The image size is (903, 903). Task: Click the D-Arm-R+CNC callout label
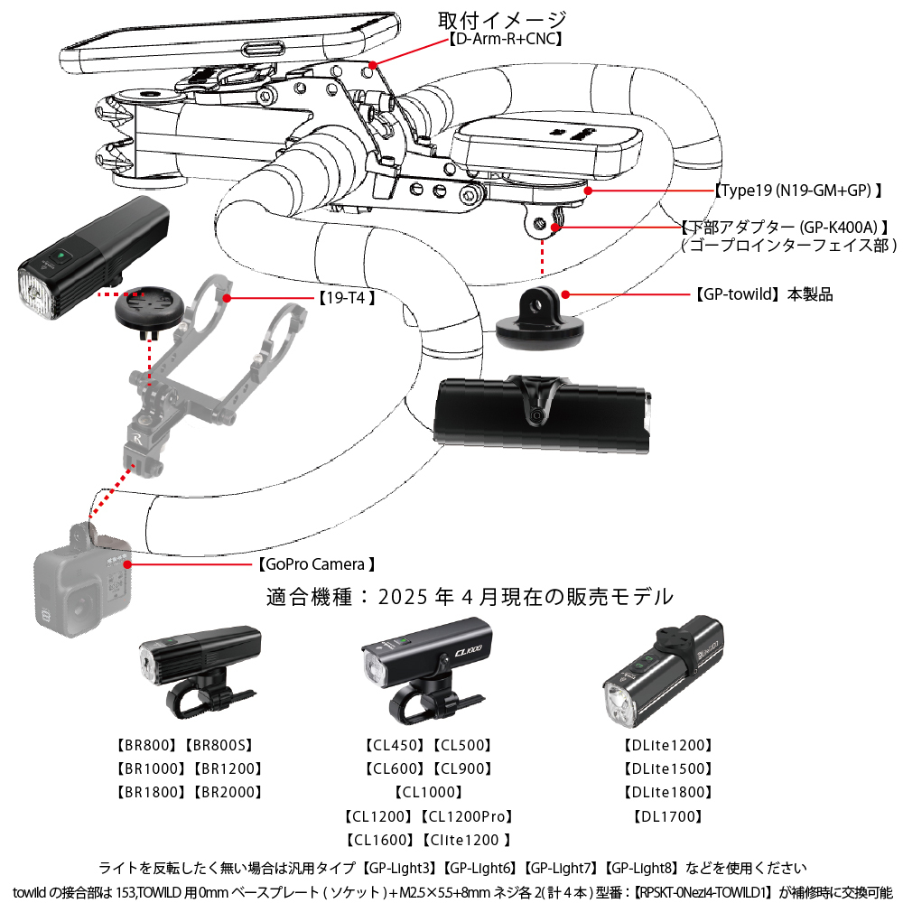tap(506, 40)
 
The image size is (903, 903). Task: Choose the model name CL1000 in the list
tap(429, 793)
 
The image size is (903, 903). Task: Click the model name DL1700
tap(668, 816)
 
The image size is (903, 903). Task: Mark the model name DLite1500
tap(668, 769)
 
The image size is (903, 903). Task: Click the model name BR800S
tap(219, 746)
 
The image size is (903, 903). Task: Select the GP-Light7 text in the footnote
tap(561, 868)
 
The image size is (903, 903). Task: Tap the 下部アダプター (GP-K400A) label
tap(786, 227)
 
